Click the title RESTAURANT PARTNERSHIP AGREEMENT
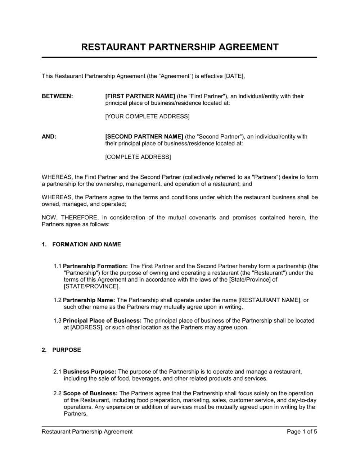[180, 47]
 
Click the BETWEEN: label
[57, 96]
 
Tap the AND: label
[49, 136]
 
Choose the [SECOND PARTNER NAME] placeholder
[144, 136]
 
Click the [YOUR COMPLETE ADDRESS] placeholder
[147, 116]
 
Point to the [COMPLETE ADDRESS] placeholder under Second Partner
[138, 156]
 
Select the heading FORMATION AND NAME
[86, 244]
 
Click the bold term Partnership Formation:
[95, 266]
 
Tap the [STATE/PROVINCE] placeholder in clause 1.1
[91, 286]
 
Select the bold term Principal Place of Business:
[102, 320]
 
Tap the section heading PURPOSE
[67, 350]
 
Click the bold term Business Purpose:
[90, 372]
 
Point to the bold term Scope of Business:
[90, 393]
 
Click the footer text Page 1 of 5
[302, 432]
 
